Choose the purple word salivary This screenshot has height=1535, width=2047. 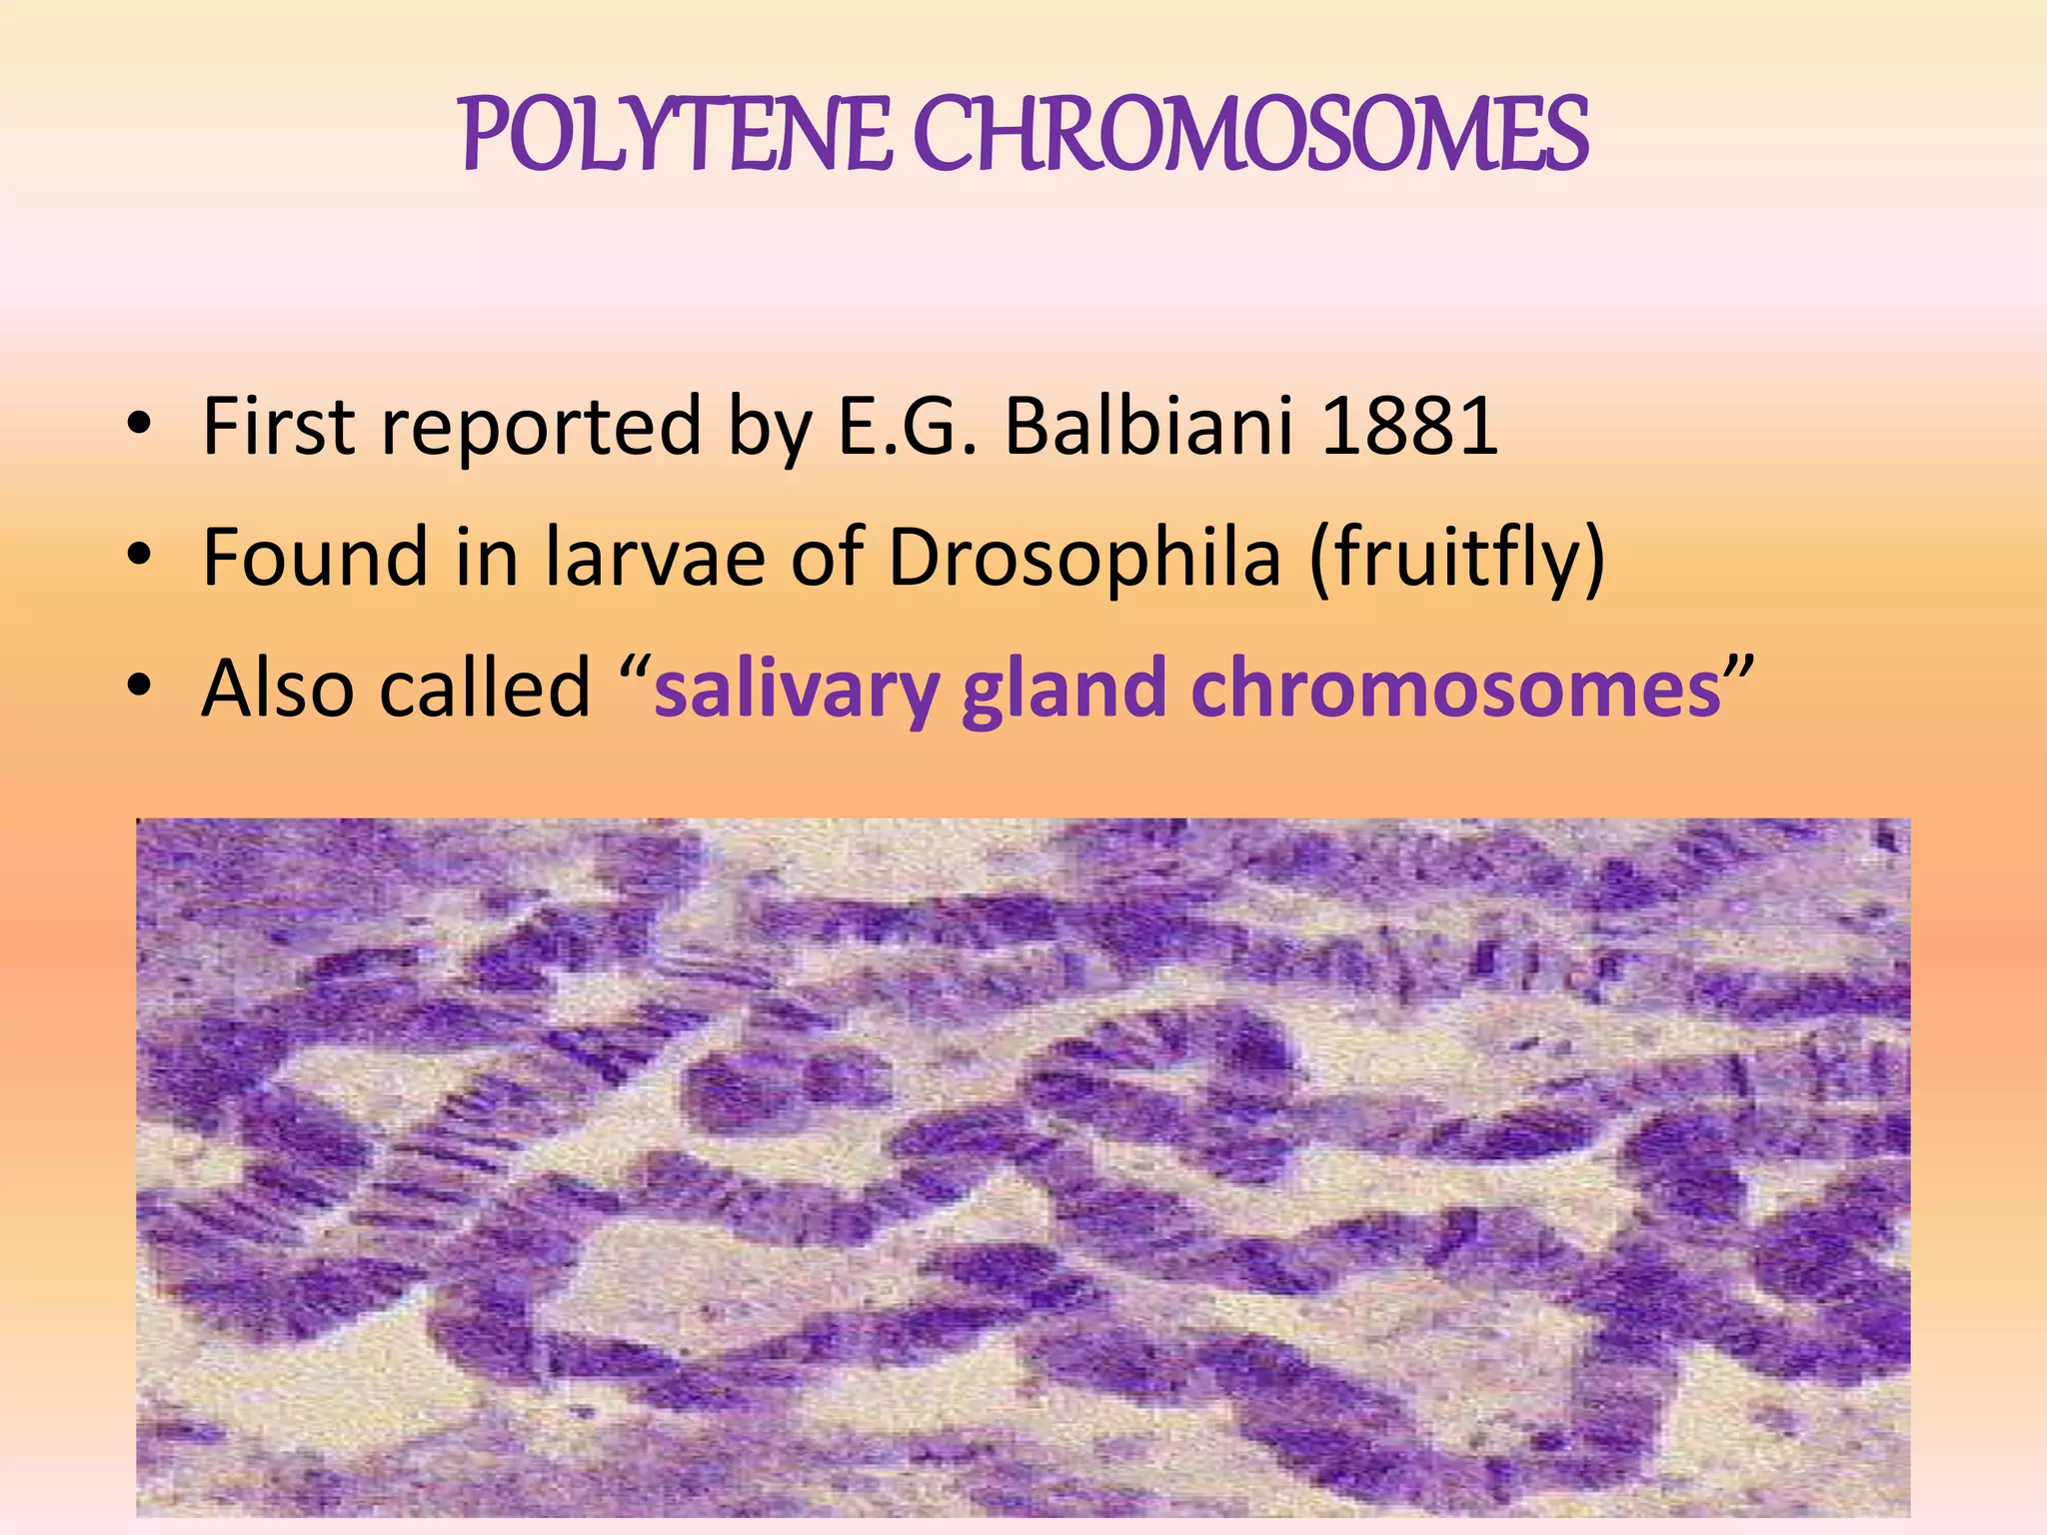(797, 690)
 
